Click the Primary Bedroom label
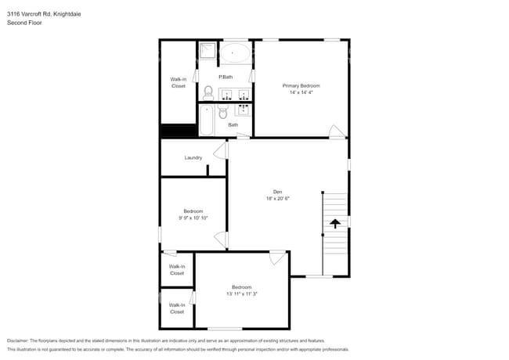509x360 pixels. click(301, 85)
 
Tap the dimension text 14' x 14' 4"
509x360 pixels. click(301, 92)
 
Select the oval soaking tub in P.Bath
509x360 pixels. click(234, 53)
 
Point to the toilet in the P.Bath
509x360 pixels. click(208, 93)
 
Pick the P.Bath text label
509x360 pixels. click(226, 77)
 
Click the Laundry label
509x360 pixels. click(193, 157)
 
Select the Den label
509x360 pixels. click(277, 192)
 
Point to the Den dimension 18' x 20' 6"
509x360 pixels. click(277, 199)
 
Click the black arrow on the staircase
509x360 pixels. click(335, 223)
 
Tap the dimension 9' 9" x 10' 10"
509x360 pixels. click(193, 218)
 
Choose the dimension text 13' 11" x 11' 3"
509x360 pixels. click(241, 293)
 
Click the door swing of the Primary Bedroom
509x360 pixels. click(336, 131)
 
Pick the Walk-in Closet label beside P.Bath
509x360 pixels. click(179, 83)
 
